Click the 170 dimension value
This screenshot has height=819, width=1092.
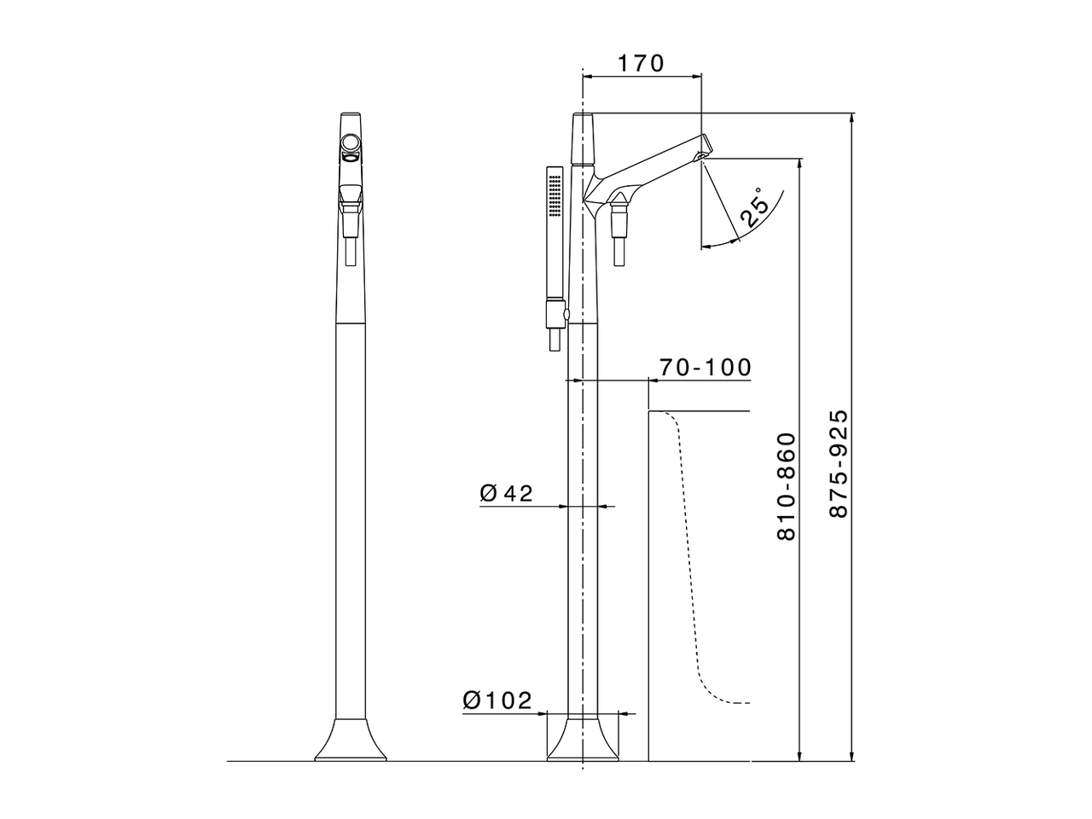[x=640, y=63]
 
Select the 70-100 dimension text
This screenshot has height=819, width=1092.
[x=705, y=367]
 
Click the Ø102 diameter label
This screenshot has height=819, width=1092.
[x=497, y=700]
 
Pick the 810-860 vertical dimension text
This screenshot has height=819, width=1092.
[x=786, y=486]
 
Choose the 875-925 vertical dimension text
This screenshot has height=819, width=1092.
[x=839, y=464]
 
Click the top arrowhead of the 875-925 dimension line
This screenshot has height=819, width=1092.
[x=853, y=119]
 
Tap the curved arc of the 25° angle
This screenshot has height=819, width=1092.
[x=725, y=243]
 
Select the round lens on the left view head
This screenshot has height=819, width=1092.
[x=350, y=142]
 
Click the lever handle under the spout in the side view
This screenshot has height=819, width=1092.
[x=620, y=230]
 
